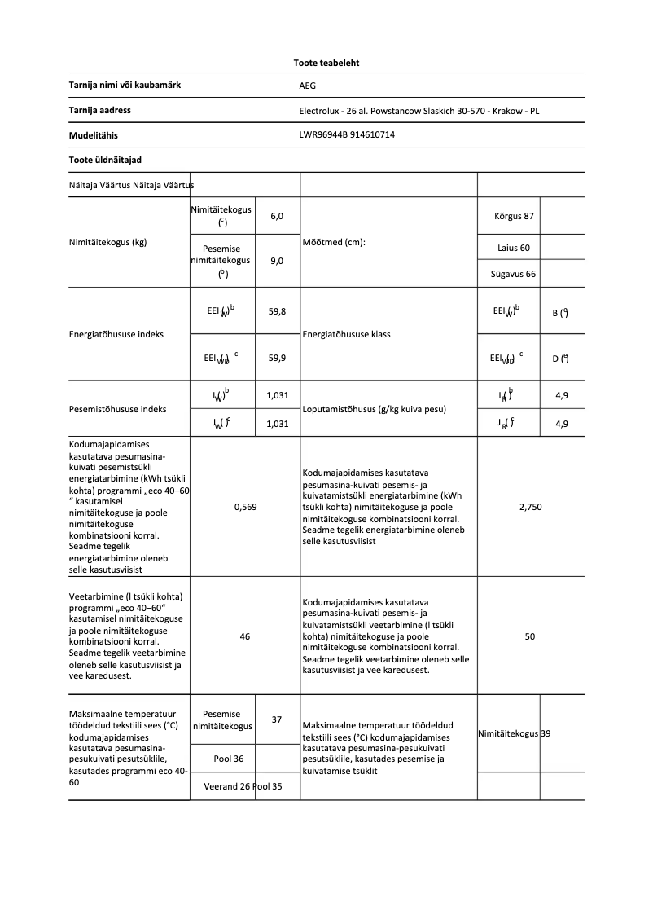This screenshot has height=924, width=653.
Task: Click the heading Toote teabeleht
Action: (x=326, y=63)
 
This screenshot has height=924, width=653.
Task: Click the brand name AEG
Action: (x=307, y=85)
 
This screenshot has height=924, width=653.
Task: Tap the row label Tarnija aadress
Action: (x=100, y=110)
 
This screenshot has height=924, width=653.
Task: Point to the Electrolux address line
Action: (x=419, y=111)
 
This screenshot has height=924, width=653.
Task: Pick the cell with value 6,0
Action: (x=277, y=216)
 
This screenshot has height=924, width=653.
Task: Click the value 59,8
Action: (x=277, y=311)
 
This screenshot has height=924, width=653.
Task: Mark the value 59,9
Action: (x=277, y=357)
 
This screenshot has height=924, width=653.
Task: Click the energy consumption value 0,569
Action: (x=245, y=507)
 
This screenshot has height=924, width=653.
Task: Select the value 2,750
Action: (x=530, y=507)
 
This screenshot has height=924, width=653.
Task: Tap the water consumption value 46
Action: (x=245, y=636)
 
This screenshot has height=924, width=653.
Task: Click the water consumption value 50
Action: (x=530, y=636)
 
